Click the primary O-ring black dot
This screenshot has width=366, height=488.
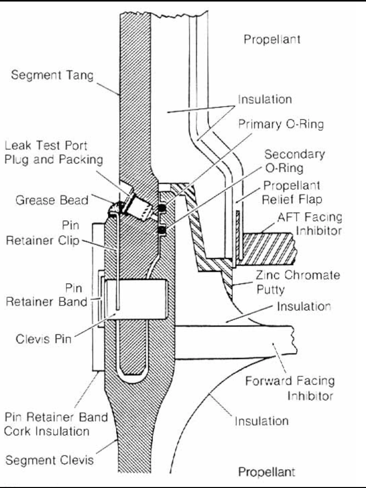162,208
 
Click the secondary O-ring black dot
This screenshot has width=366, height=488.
162,230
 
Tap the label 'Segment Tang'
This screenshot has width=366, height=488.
52,76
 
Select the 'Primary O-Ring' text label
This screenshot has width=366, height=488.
281,124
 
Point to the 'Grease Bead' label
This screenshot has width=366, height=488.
52,200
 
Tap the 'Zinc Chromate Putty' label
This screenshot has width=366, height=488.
298,282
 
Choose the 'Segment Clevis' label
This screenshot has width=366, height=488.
50,460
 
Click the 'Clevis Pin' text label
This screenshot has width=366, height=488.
44,339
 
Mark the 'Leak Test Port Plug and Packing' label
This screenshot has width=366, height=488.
54,153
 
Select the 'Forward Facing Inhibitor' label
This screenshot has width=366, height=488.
290,389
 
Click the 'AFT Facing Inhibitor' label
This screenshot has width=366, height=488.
310,224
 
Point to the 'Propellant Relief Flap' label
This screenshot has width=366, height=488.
291,192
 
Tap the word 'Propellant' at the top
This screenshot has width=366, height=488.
272,40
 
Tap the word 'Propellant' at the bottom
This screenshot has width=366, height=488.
267,472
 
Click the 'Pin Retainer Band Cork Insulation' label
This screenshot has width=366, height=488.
56,424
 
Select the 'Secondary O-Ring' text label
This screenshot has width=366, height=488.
294,161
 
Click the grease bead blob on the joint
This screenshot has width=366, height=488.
115,208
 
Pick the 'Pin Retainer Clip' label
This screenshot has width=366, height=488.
43,233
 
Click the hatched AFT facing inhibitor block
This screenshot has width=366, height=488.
268,248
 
